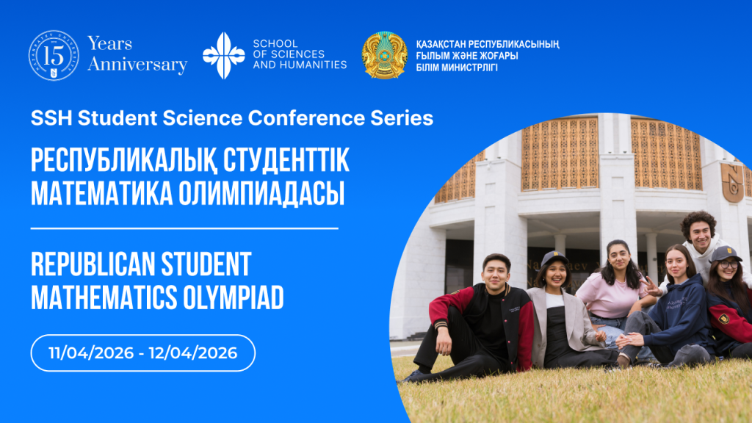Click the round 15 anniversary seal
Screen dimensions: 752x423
point(54,56)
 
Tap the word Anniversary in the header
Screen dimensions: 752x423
point(137,65)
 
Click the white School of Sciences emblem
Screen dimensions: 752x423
point(223,56)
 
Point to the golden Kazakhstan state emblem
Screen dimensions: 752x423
point(384,55)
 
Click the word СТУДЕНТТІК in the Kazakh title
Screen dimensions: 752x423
point(286,160)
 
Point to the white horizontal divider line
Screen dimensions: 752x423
point(184,229)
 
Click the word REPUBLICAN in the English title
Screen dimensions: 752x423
point(93,264)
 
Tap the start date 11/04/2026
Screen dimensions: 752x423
point(91,353)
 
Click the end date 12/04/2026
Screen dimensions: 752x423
point(193,353)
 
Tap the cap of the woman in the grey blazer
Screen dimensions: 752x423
point(554,258)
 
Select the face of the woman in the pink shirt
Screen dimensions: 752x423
point(619,258)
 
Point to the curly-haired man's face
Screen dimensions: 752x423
point(700,236)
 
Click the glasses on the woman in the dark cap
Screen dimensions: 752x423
point(728,264)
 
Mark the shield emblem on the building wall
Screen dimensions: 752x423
point(732,182)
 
